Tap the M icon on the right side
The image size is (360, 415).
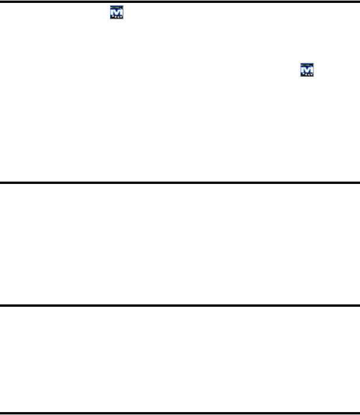[x=306, y=70]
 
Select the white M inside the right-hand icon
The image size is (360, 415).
[x=306, y=69]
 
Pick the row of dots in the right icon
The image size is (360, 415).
[x=306, y=75]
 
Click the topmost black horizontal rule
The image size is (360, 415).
[x=180, y=2]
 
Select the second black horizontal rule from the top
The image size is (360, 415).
[x=180, y=182]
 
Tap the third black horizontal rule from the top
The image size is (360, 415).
[x=180, y=305]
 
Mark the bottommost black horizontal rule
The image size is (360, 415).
[x=180, y=413]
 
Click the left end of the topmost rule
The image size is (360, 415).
[x=2, y=2]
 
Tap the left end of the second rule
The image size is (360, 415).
[x=2, y=182]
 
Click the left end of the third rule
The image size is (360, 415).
[x=2, y=305]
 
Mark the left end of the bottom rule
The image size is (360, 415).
[x=2, y=413]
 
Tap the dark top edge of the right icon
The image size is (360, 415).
[x=306, y=65]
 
